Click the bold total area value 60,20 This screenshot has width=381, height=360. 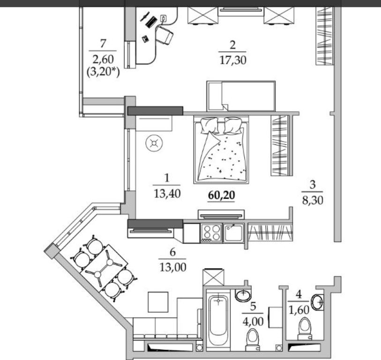click(221, 195)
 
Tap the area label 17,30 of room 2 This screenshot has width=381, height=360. click(233, 60)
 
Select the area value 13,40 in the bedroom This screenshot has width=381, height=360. click(167, 194)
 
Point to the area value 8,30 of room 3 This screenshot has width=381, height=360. click(313, 201)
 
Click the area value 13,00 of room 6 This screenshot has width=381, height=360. click(173, 267)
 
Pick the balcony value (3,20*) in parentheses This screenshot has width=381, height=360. click(103, 72)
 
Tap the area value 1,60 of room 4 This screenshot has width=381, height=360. click(299, 310)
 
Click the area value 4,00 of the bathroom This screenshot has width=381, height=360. click(253, 322)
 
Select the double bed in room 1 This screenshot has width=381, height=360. click(221, 150)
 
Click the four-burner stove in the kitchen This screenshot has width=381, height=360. click(211, 233)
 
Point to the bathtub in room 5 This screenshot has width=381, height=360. click(218, 319)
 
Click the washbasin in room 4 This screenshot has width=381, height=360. click(317, 302)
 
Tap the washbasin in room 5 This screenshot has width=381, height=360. click(243, 295)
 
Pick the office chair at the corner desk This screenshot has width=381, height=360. click(164, 35)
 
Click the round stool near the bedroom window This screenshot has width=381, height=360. click(154, 143)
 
